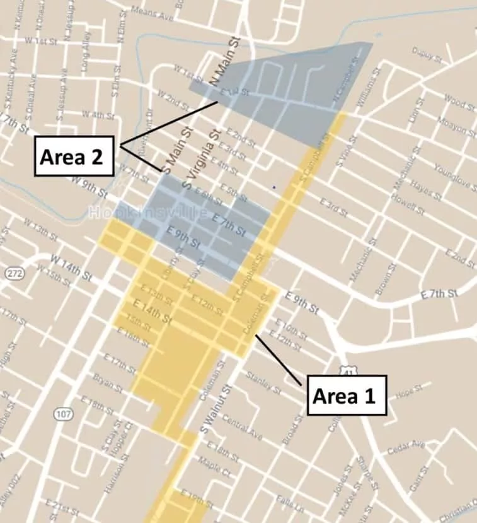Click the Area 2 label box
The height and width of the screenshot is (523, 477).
pyautogui.click(x=74, y=155)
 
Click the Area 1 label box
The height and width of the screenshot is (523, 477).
pyautogui.click(x=347, y=395)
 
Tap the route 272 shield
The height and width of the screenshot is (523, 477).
pyautogui.click(x=13, y=273)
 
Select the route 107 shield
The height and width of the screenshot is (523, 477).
pyautogui.click(x=62, y=414)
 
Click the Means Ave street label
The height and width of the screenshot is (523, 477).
pyautogui.click(x=152, y=13)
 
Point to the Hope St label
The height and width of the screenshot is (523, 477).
pyautogui.click(x=408, y=395)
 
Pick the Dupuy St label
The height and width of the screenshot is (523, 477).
pyautogui.click(x=427, y=54)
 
